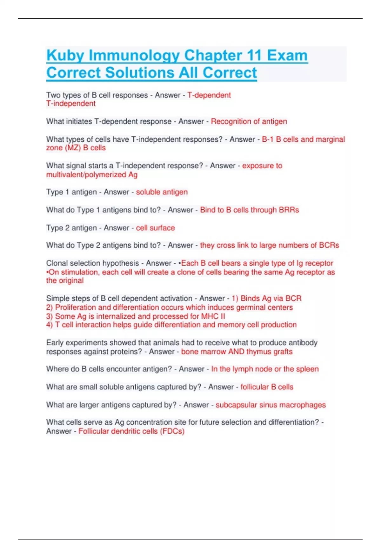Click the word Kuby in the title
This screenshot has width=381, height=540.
click(x=66, y=56)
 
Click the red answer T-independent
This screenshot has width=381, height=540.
click(x=71, y=104)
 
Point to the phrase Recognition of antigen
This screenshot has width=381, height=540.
click(x=249, y=121)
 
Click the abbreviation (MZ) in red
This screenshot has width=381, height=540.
click(x=73, y=148)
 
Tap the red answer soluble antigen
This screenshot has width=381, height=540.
click(x=162, y=192)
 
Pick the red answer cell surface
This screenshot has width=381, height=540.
click(x=155, y=228)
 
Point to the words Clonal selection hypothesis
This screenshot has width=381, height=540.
click(x=92, y=263)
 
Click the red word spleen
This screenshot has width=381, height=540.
click(x=307, y=369)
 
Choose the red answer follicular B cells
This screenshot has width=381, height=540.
click(x=267, y=387)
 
